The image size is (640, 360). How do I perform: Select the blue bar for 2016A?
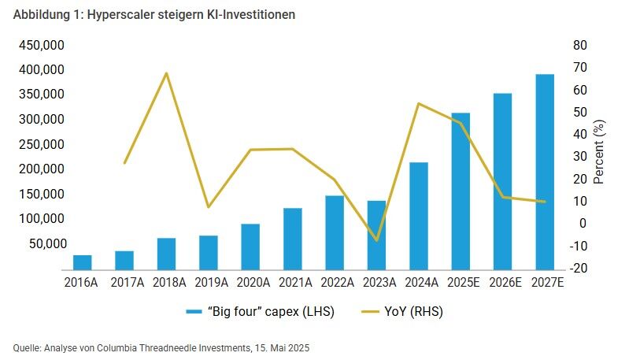(83, 262)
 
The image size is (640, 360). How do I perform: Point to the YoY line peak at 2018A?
(166, 73)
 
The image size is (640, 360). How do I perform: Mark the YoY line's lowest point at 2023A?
(377, 240)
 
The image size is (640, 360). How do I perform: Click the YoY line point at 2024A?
(419, 104)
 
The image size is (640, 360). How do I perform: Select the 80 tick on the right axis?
(579, 45)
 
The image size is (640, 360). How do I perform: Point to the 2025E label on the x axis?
(461, 282)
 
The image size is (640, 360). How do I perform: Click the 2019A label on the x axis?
(208, 282)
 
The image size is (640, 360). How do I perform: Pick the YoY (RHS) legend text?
(416, 312)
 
